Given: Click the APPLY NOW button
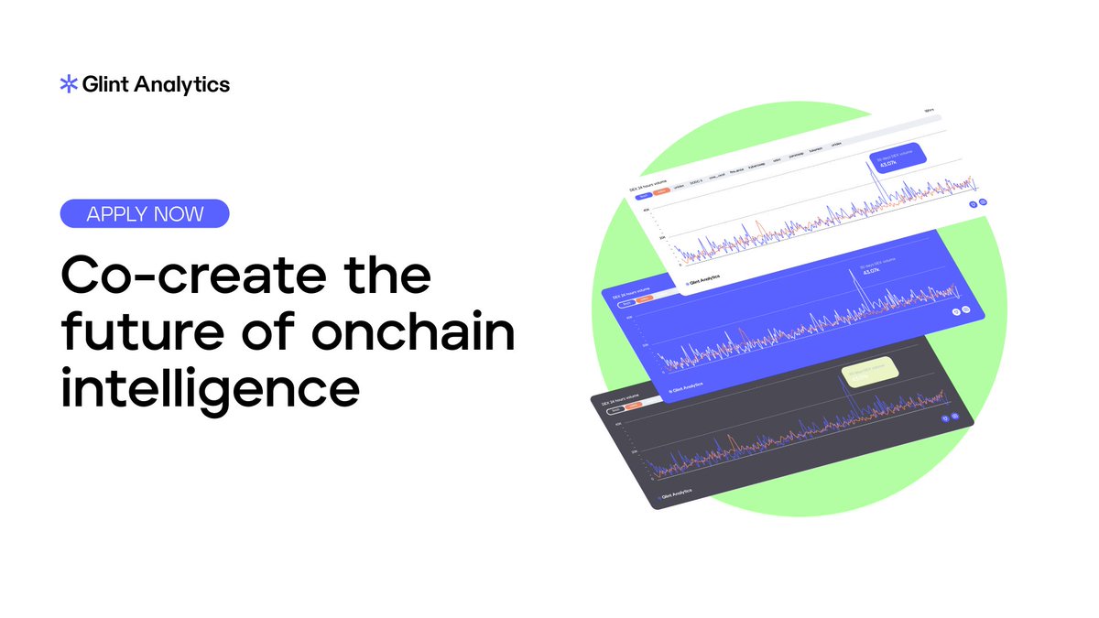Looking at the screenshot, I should tap(144, 214).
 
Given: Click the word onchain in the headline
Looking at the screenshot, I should tap(412, 333).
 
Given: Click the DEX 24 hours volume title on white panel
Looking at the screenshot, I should tap(648, 186).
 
